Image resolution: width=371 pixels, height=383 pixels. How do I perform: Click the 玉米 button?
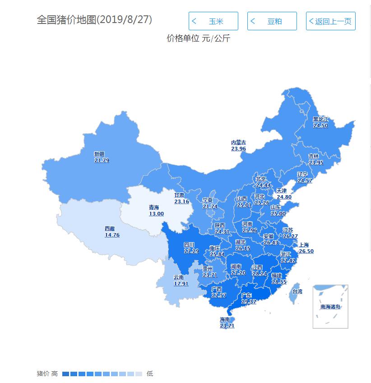[213, 21]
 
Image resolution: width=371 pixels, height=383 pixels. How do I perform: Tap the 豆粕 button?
[272, 21]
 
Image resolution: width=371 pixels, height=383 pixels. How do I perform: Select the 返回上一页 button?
[330, 21]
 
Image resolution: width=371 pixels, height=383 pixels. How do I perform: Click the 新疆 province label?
[99, 154]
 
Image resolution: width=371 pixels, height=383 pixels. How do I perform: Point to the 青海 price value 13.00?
[157, 214]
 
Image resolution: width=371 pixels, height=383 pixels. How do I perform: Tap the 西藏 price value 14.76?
[112, 235]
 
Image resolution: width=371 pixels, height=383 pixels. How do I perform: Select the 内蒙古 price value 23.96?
[238, 149]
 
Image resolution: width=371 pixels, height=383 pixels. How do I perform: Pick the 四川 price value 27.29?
[191, 251]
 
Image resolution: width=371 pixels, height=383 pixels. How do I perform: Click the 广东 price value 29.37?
[249, 301]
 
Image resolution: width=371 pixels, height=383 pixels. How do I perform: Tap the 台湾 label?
[297, 292]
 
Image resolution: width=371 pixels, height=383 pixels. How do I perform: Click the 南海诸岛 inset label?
[330, 307]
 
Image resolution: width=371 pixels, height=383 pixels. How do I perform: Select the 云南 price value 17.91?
[181, 284]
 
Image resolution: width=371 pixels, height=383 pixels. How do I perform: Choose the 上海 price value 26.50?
[306, 251]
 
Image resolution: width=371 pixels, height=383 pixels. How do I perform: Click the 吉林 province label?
[314, 156]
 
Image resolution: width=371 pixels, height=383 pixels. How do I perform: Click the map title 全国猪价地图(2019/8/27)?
[94, 20]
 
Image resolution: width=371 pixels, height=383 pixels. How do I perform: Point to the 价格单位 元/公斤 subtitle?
[199, 39]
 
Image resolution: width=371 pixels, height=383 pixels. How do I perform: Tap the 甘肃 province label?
[179, 196]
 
